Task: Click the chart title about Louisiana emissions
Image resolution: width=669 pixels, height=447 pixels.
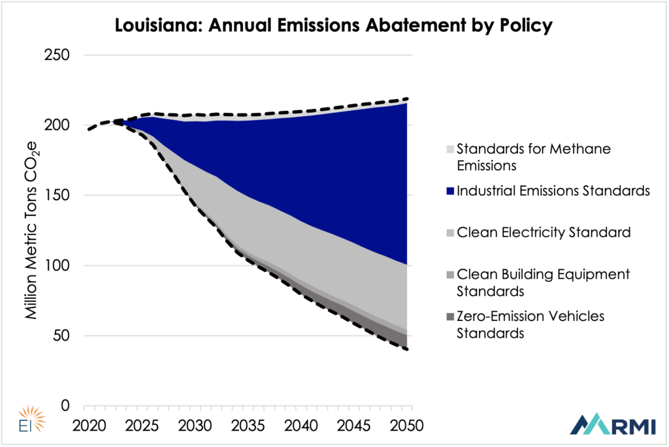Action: (334, 27)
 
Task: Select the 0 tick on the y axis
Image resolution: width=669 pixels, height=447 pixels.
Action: (65, 406)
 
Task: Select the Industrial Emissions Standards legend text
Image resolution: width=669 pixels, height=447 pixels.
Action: (553, 191)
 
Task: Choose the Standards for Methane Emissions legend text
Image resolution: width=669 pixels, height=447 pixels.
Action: (533, 157)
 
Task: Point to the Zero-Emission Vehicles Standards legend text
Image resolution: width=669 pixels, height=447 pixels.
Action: (530, 324)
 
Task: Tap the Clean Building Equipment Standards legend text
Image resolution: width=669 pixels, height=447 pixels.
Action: (543, 282)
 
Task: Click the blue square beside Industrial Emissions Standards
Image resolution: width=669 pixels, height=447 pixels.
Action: (449, 191)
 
